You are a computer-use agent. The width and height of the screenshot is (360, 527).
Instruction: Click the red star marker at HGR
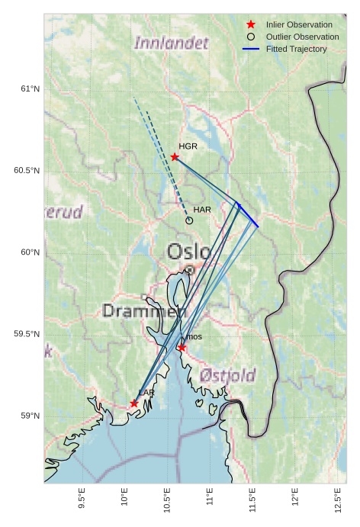175,157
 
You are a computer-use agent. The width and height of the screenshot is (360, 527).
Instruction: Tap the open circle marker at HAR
189,220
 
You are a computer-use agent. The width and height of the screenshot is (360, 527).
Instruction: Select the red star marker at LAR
134,403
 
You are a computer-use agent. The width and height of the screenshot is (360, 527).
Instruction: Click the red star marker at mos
182,348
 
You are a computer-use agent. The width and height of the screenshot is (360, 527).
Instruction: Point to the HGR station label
188,146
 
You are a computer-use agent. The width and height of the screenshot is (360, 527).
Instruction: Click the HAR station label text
202,209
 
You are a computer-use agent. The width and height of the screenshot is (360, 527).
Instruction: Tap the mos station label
194,336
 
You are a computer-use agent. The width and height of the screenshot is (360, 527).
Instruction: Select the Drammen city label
144,311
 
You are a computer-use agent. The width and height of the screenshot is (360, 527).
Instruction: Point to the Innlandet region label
171,43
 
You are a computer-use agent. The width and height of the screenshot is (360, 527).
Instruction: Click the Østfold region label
227,375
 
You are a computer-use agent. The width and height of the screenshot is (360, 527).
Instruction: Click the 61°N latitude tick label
30,88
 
